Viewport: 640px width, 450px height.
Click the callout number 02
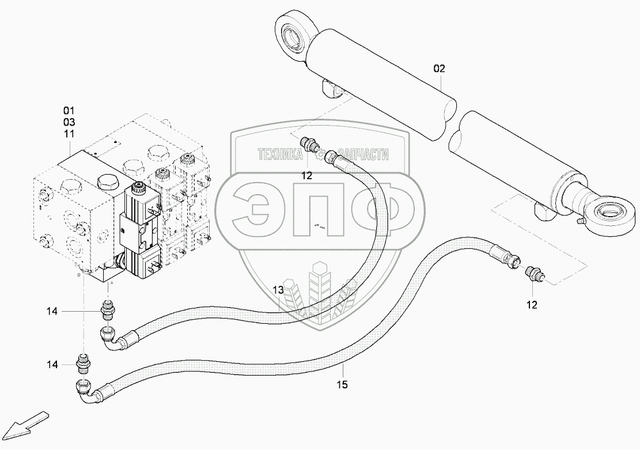click(439, 69)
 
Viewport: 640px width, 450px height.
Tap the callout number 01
click(69, 109)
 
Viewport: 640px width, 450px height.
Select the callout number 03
click(69, 122)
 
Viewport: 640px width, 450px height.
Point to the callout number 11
click(69, 134)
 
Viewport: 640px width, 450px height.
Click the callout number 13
click(278, 290)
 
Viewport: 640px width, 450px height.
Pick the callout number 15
click(343, 384)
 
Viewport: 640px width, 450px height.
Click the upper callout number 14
click(52, 311)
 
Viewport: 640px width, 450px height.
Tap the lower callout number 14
click(52, 364)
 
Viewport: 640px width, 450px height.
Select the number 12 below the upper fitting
click(306, 176)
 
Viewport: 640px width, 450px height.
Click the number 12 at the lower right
click(531, 305)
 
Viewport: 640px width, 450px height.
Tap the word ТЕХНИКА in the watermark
click(280, 154)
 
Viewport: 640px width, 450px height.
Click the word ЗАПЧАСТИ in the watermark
click(363, 154)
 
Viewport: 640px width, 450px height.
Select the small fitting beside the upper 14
click(108, 309)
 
